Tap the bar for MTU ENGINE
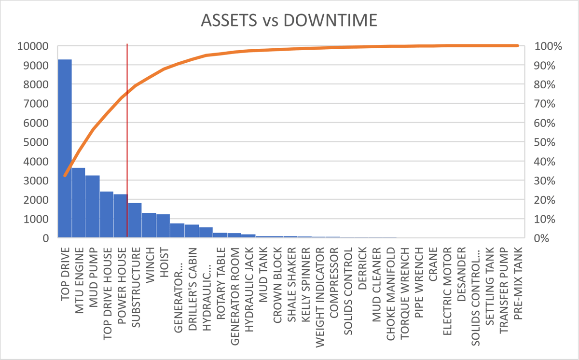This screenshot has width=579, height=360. pos(79,203)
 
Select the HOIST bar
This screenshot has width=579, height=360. pos(163,226)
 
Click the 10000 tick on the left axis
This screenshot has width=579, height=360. pos(32,47)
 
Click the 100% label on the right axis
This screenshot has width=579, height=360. pos(549,47)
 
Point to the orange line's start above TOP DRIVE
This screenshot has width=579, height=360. pos(65,176)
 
